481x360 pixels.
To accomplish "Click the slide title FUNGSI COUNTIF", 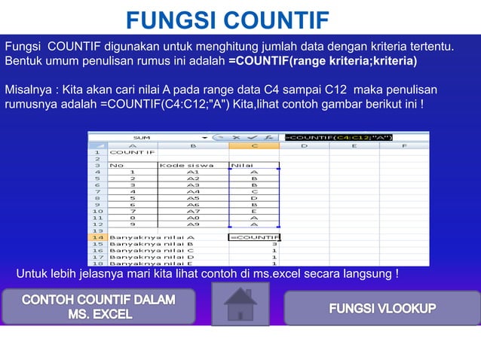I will [x=227, y=18].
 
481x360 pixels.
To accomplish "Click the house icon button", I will [x=240, y=304].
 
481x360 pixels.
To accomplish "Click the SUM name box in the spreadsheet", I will [x=142, y=137].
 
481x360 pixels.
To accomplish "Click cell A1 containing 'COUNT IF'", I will [x=133, y=151].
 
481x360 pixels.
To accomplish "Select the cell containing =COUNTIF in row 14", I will [x=254, y=237].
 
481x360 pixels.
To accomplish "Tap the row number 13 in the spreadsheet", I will [x=97, y=230].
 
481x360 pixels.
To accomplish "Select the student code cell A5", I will [x=192, y=198].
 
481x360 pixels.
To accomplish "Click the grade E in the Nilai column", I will [x=254, y=211].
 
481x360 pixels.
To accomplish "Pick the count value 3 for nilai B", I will [x=274, y=244].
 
